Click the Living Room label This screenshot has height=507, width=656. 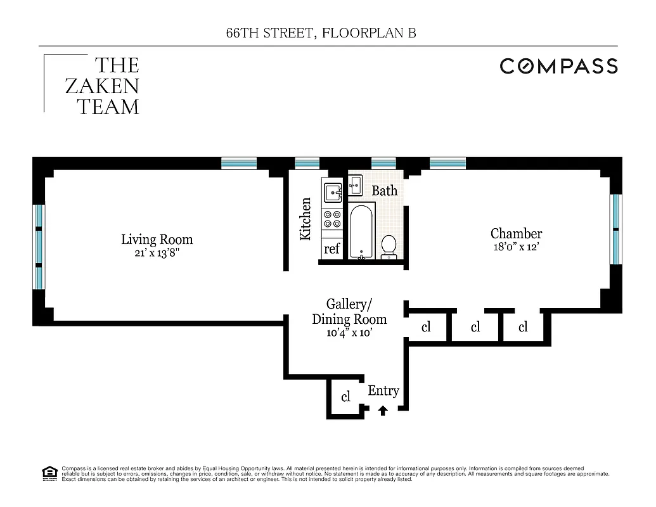(157, 240)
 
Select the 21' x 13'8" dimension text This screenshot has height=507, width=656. (157, 253)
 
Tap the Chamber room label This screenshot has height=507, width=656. (516, 233)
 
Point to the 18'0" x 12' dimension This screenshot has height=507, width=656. (516, 247)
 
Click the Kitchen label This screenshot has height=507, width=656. (305, 219)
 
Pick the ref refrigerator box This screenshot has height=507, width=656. (332, 249)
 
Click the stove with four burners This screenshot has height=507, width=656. (332, 219)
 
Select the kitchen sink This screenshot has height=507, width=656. (332, 191)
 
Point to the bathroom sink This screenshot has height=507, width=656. (355, 186)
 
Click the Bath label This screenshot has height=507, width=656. (384, 191)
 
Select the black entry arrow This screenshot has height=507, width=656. (382, 411)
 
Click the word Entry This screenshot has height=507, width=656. (383, 390)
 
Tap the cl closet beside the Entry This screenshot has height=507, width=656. (346, 397)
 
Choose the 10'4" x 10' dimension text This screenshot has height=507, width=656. (349, 332)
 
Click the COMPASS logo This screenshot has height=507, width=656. (558, 66)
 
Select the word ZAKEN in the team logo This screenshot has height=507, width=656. (102, 86)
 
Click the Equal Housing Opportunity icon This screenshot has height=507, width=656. (48, 473)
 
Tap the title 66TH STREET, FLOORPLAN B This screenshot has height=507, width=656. (321, 34)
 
